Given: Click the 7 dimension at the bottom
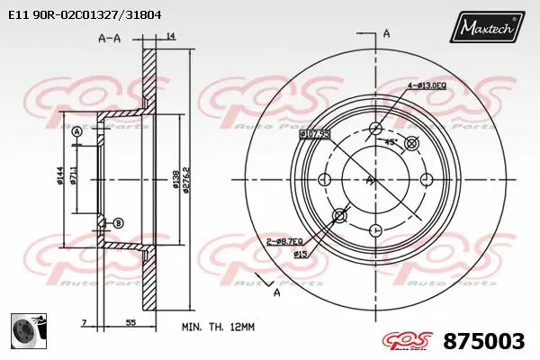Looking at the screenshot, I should (x=83, y=321).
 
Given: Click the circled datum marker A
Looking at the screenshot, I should (x=76, y=132).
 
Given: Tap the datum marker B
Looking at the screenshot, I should (x=119, y=222).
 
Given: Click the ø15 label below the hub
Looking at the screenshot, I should (x=300, y=255).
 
